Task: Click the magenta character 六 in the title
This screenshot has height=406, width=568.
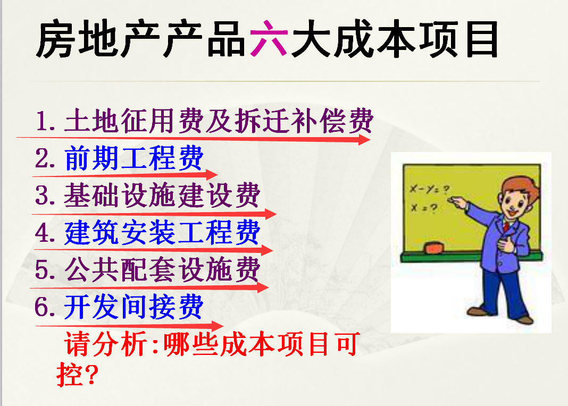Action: coord(269,38)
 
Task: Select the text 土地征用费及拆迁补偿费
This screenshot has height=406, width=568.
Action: coord(219,121)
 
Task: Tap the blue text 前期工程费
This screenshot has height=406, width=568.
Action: coord(133,158)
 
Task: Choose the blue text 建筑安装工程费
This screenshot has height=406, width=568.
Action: coord(162,232)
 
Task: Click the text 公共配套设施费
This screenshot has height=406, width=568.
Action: coord(162,269)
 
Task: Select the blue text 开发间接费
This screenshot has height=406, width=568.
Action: coord(133,307)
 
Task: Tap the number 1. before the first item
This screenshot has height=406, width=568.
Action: coord(45,121)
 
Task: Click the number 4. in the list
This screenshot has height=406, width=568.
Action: coord(45,232)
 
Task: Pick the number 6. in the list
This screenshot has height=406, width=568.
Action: coord(45,307)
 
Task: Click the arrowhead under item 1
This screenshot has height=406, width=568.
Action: coord(364,139)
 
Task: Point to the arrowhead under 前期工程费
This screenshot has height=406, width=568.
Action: coord(212,175)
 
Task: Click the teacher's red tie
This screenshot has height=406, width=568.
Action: coord(506,226)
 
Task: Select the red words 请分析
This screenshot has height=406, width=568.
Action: coord(105,343)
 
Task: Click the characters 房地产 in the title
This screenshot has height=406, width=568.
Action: coord(98,39)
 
